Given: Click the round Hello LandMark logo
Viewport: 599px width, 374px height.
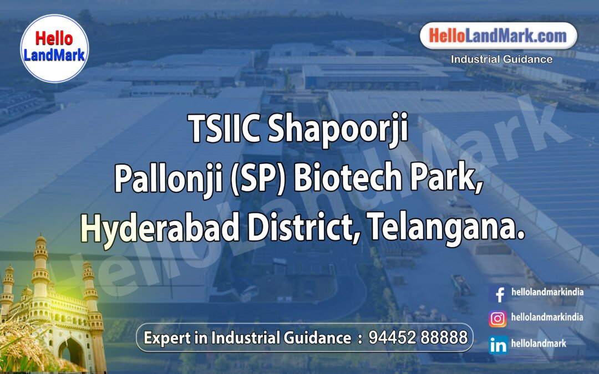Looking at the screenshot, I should (x=54, y=48).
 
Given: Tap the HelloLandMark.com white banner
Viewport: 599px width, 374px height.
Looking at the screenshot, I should (x=499, y=37).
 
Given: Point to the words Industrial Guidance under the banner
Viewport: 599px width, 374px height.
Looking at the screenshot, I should (x=501, y=59).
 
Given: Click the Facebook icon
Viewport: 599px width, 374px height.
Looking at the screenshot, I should (x=499, y=294).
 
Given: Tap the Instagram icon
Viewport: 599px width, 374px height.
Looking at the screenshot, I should (x=498, y=319).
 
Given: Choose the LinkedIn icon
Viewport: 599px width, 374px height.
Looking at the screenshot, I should (x=498, y=345).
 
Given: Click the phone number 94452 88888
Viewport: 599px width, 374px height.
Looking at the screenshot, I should (x=418, y=337).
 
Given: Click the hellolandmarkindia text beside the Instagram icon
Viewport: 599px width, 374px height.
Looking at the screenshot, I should (x=547, y=317).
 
